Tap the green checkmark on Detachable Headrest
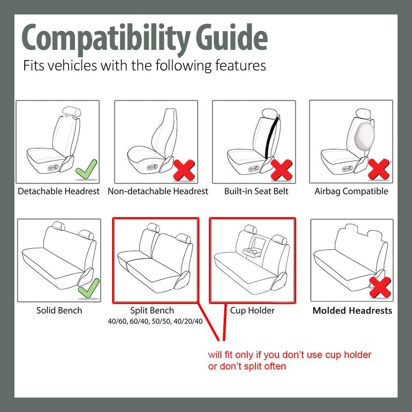(87, 170)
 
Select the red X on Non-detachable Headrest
(184, 170)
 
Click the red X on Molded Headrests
(380, 287)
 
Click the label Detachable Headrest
(59, 191)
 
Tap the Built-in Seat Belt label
(256, 191)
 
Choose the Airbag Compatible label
(351, 191)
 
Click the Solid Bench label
(59, 310)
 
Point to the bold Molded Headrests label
(352, 311)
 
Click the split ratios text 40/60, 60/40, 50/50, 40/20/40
(155, 321)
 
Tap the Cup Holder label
(252, 310)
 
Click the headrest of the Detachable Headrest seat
(72, 111)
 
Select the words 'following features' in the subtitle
(211, 66)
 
